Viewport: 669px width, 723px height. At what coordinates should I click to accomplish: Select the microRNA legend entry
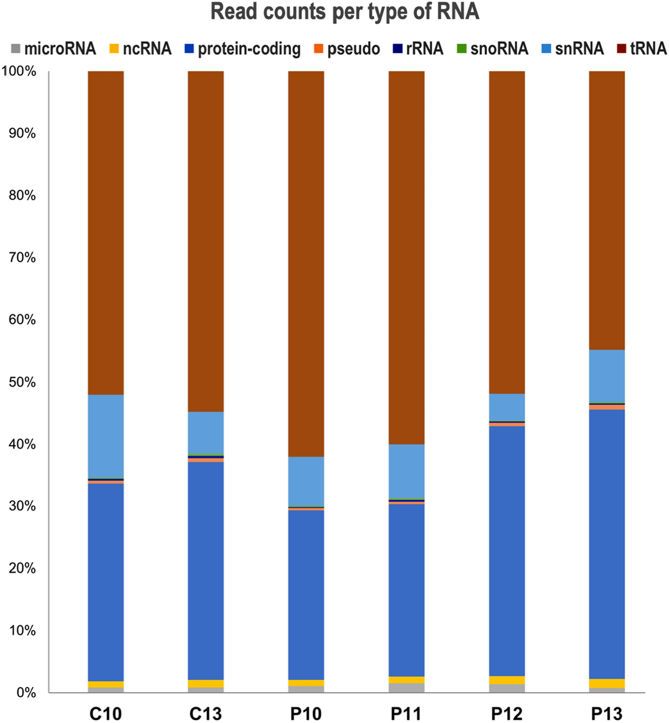pos(54,49)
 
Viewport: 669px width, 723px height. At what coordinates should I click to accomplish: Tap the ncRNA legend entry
pos(140,49)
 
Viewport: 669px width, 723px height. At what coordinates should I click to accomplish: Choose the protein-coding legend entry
pos(243,49)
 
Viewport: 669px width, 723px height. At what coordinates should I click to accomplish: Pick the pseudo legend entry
pos(347,49)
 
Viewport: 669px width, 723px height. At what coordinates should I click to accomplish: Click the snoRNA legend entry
pos(492,49)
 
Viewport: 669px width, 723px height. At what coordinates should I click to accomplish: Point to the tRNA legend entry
pos(642,49)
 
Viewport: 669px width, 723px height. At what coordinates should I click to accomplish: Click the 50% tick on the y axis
pos(22,382)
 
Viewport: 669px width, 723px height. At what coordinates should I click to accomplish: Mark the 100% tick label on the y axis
pos(19,72)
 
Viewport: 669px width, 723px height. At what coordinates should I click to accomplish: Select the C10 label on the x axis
pos(106,714)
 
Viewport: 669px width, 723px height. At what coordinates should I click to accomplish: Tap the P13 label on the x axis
pos(607,714)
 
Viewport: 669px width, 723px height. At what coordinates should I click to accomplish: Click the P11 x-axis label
pos(406,714)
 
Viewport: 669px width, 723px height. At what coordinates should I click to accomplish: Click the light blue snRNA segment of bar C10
pos(106,437)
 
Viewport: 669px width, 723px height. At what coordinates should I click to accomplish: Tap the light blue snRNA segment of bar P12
pos(507,407)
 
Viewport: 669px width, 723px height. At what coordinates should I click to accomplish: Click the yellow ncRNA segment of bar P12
pos(507,680)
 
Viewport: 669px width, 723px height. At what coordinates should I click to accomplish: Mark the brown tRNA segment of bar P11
pos(406,257)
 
